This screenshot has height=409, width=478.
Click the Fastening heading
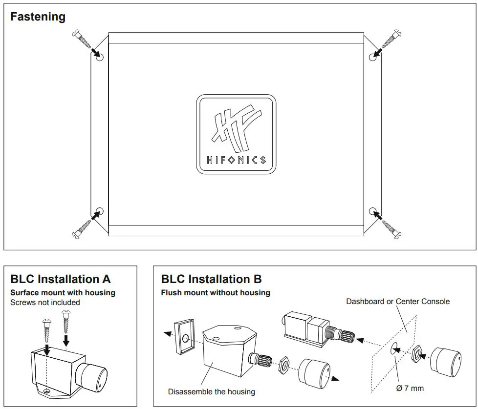(38, 17)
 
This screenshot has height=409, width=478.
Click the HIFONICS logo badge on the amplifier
(236, 134)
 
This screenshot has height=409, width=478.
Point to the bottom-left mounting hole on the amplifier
(100, 211)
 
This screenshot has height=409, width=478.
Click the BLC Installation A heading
(61, 279)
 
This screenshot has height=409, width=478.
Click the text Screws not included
(45, 302)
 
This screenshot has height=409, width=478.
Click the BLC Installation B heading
(211, 279)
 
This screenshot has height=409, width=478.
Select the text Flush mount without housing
(216, 293)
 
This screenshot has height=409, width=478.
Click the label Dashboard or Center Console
(397, 301)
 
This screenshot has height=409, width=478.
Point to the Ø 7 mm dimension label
(410, 388)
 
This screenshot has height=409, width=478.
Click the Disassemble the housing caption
(211, 391)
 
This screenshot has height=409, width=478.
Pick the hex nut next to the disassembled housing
(283, 367)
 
